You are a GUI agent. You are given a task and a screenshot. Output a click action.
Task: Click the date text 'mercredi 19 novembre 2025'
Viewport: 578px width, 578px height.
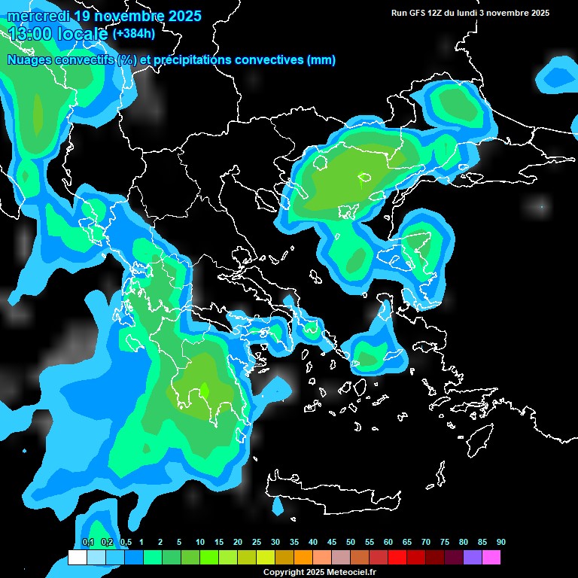[104, 16]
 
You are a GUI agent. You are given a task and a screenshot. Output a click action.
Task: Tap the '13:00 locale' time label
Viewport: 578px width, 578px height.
[58, 33]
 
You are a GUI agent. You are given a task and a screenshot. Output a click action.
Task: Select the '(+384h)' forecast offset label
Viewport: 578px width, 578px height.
[134, 33]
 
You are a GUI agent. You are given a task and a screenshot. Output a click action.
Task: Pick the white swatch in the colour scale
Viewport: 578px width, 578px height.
[77, 558]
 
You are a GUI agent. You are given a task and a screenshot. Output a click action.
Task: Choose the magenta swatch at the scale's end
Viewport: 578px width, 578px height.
[491, 558]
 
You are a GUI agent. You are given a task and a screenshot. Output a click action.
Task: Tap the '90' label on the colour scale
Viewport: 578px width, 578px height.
[501, 543]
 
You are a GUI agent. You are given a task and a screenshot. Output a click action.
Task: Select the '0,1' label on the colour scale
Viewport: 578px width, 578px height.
[87, 543]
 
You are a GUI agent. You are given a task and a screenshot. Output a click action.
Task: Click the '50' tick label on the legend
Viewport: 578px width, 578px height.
[351, 543]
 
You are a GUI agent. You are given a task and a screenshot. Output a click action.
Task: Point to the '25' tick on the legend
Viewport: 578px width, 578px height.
[257, 543]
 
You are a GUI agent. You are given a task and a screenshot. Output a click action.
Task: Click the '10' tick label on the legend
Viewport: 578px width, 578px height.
[200, 543]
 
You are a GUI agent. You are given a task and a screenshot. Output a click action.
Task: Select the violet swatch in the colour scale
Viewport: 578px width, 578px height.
[473, 558]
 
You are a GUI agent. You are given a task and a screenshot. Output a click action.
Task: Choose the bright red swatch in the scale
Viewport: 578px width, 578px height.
[397, 558]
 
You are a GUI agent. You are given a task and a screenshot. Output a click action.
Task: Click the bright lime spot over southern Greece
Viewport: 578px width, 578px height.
[204, 391]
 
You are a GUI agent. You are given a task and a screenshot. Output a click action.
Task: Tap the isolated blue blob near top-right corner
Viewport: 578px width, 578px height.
[558, 74]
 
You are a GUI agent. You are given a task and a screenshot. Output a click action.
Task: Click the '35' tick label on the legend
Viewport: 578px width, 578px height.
[294, 543]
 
